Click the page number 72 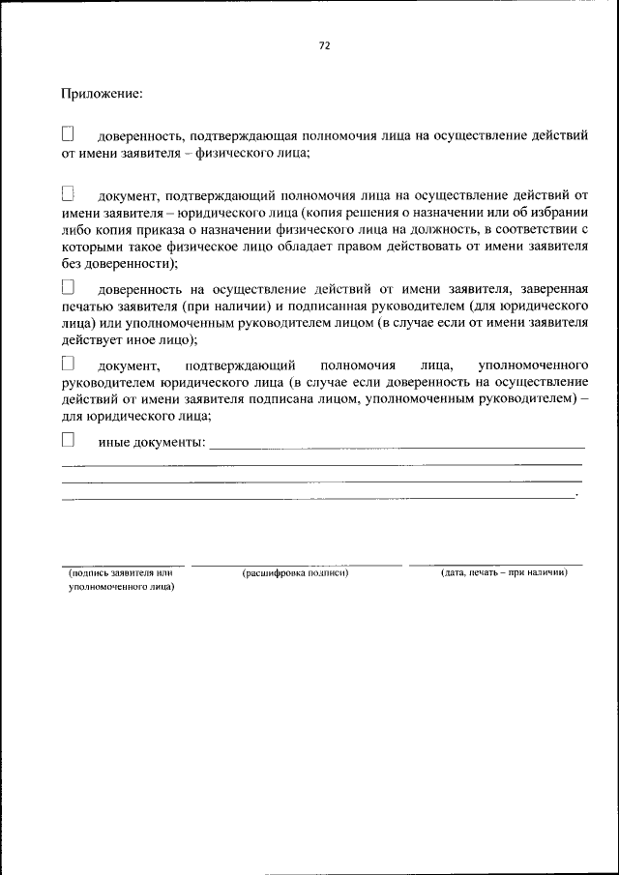tap(324, 45)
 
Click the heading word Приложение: tap(103, 94)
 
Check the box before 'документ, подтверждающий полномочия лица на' tap(68, 194)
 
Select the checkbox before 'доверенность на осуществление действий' tap(68, 287)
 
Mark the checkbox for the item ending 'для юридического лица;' tap(68, 365)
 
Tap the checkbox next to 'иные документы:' tap(68, 439)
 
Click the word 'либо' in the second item tap(76, 229)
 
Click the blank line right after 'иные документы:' tap(397, 447)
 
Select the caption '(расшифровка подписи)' tap(295, 572)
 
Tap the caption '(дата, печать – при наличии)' tap(503, 572)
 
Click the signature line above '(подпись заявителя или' tap(122, 564)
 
